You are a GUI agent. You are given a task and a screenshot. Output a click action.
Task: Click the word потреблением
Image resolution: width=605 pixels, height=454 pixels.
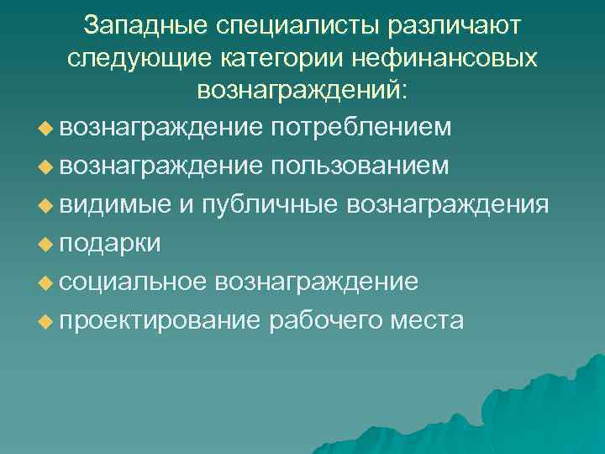coord(362,127)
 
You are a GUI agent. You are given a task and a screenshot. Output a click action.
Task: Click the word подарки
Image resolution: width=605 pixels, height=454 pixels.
coord(110,243)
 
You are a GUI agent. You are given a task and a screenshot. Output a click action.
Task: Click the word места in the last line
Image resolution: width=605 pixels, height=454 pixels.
coord(430,320)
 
